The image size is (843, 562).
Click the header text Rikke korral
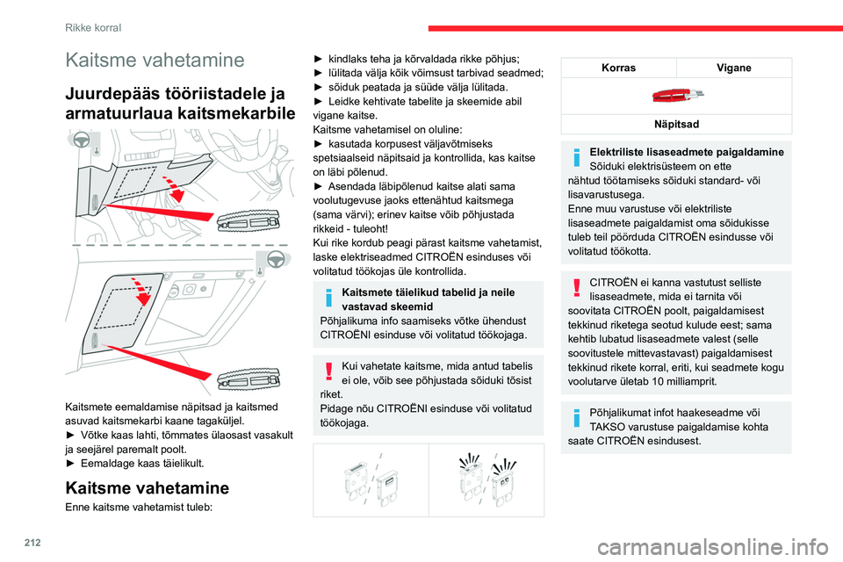[x=93, y=27]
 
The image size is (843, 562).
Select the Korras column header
[x=619, y=67]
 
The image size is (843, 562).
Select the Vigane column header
[x=734, y=67]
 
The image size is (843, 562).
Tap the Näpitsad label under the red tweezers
[x=676, y=124]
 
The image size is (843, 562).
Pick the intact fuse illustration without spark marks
[x=370, y=479]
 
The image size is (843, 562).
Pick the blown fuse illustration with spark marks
[x=486, y=479]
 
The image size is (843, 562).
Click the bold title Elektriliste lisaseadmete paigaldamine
[x=688, y=152]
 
